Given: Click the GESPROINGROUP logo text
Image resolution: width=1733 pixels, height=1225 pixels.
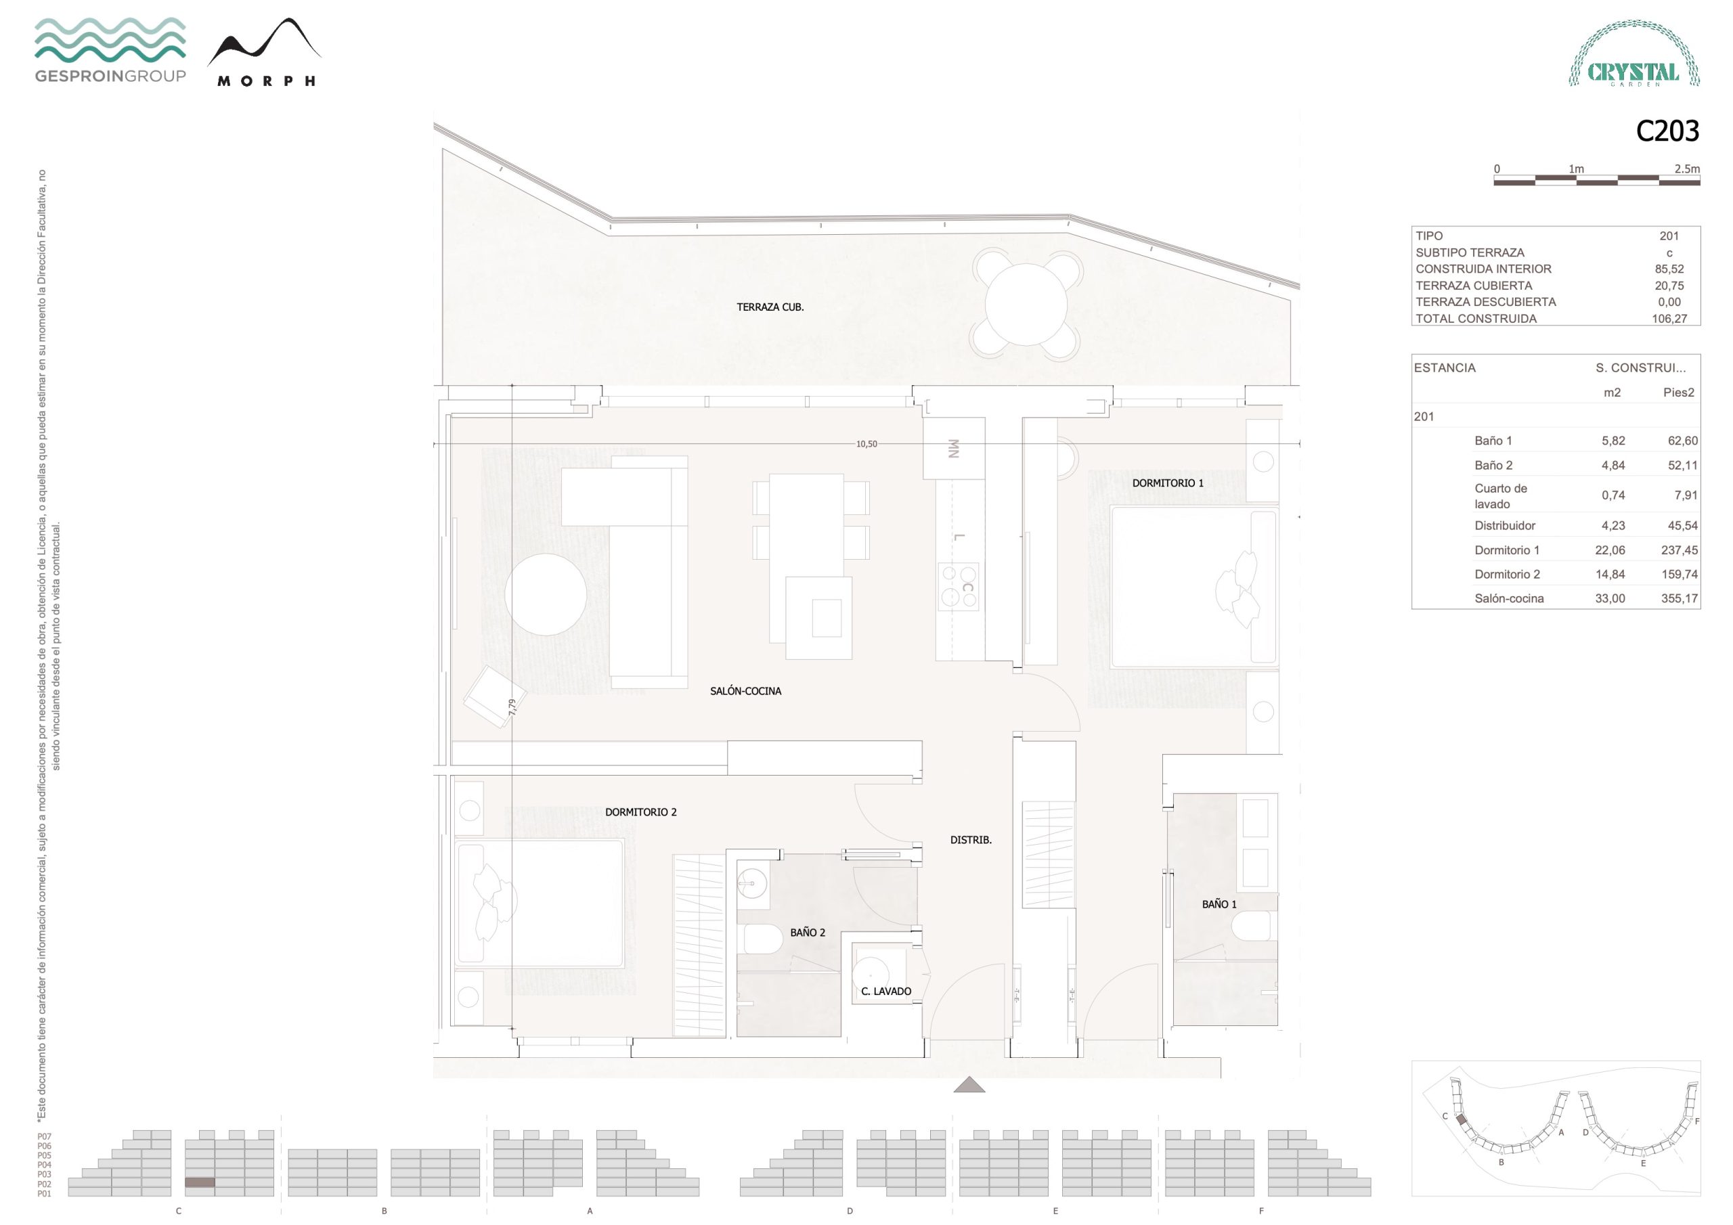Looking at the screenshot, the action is pos(110,76).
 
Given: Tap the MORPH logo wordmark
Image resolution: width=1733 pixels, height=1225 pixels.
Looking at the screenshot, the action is pos(267,81).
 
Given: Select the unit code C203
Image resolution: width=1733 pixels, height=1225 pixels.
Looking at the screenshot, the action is pos(1667,131).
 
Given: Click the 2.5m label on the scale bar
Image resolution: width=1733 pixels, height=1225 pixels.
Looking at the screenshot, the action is pos(1687,169).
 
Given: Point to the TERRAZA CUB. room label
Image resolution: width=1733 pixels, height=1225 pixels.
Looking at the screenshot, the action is pos(770,307).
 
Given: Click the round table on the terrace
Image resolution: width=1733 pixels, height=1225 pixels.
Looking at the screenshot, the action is pos(1026,304).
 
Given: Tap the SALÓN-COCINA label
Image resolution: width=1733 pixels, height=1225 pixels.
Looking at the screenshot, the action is pos(746,690).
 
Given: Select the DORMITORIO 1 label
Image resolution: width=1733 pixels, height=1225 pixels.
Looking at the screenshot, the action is pos(1168,483).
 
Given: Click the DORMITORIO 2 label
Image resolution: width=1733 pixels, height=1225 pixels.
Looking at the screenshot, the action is pos(641,812).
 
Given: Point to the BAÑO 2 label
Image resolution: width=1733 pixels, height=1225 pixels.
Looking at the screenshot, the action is pos(808,932).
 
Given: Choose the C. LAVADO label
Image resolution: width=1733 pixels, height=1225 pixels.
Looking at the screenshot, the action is pos(886,991).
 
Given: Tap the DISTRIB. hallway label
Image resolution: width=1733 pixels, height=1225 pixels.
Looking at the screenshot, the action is pos(971,839).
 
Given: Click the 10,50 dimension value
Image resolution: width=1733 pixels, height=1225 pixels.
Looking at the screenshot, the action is pos(866,444).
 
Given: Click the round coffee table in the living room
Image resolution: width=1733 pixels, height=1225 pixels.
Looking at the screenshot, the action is pos(546,595).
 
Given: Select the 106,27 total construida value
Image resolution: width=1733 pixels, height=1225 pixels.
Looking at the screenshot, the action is pos(1669,319).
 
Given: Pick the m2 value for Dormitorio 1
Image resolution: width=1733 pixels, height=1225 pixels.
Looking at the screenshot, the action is pos(1610,550).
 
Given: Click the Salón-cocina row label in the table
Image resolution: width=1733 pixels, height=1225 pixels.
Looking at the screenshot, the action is pos(1509,598).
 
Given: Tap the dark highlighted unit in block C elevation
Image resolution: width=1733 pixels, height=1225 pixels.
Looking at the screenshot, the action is pos(200,1182).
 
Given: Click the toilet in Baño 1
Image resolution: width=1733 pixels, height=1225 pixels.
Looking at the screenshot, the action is pos(1253,926).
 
